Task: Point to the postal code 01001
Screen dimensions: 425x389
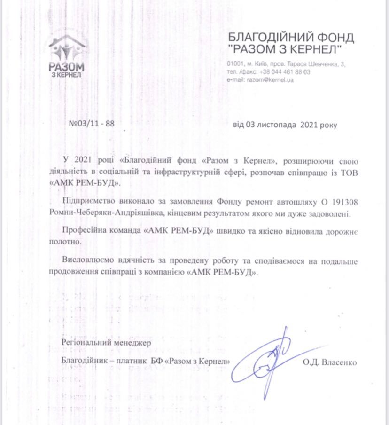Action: [x=234, y=63]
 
